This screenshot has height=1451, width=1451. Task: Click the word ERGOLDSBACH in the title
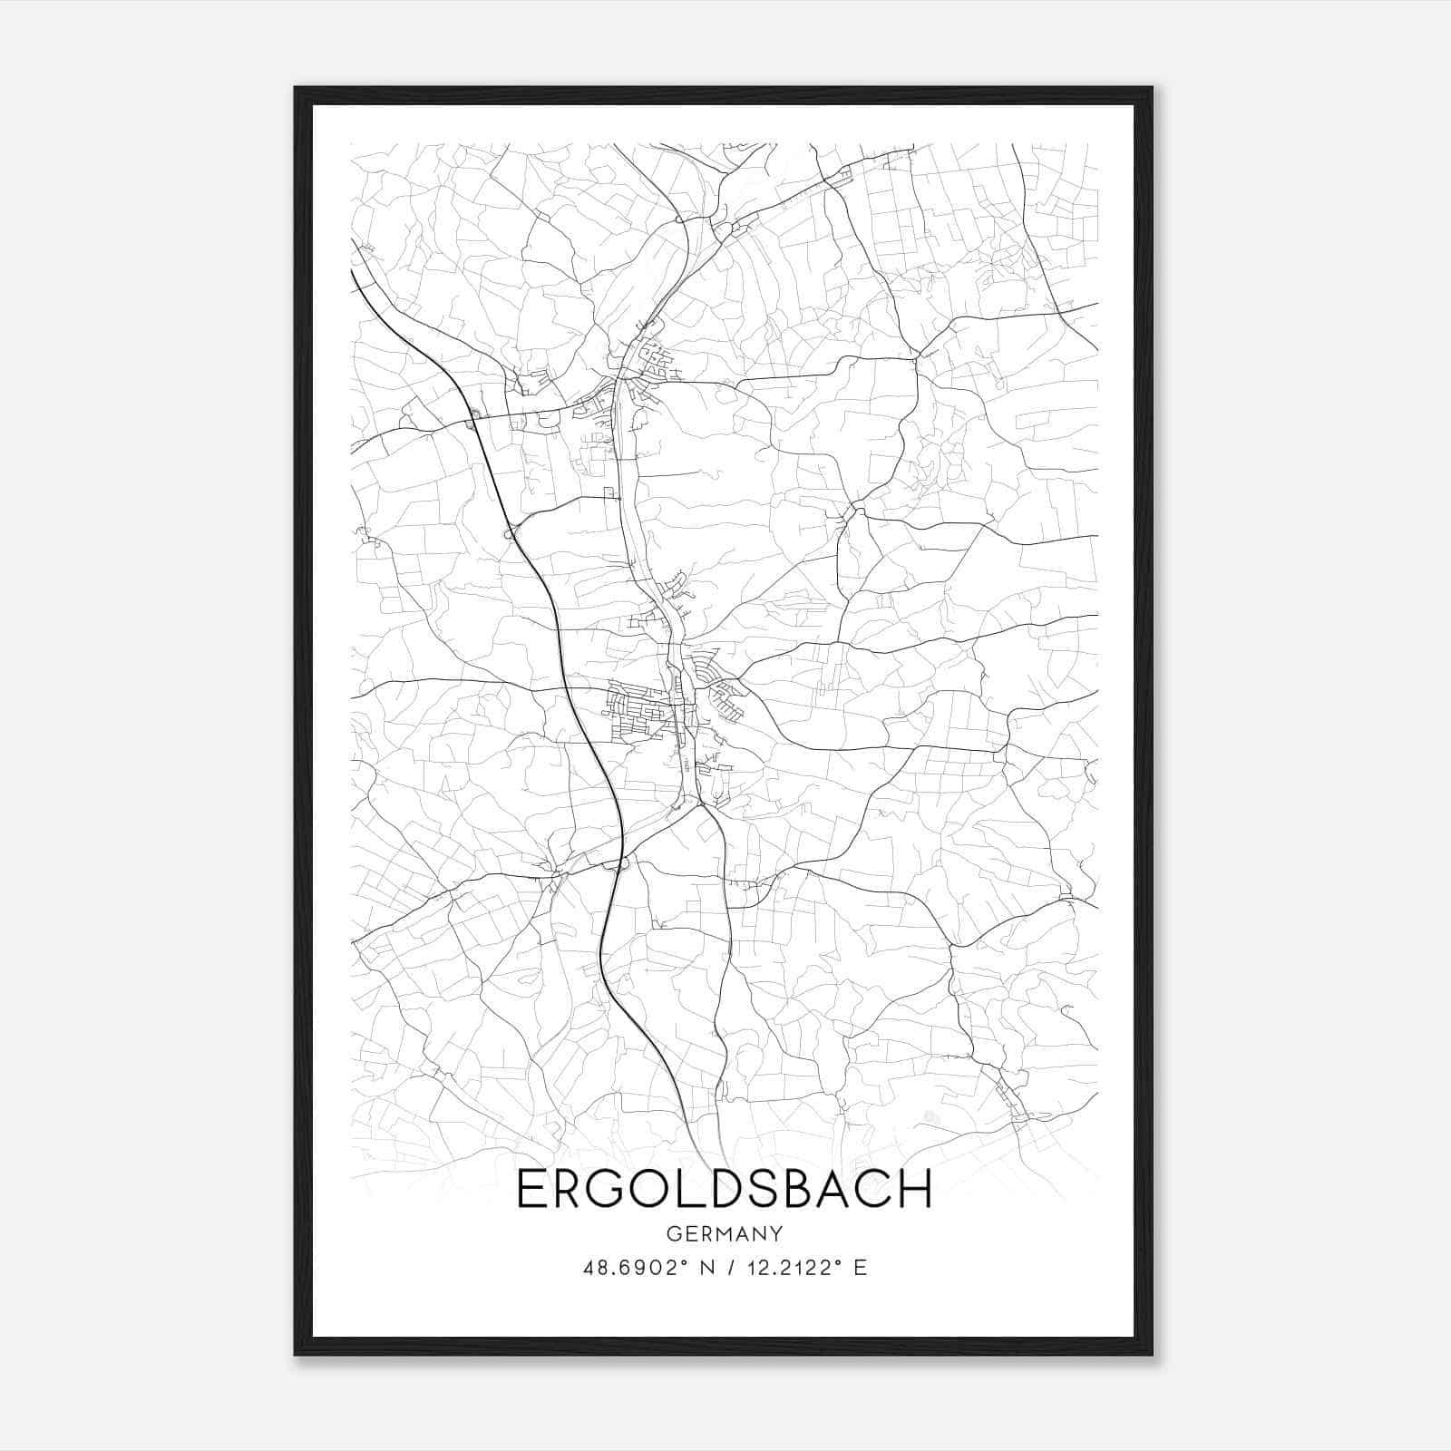coord(724,1190)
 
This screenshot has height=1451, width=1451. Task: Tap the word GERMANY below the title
coord(724,1234)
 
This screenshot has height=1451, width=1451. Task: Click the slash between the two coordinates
coord(732,1268)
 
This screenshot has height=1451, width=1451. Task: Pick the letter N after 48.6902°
coord(708,1268)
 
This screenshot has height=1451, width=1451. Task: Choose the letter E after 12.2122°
coord(860,1268)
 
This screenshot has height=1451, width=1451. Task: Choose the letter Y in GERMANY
coord(776,1234)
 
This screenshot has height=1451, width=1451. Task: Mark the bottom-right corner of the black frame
coord(1152,1355)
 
